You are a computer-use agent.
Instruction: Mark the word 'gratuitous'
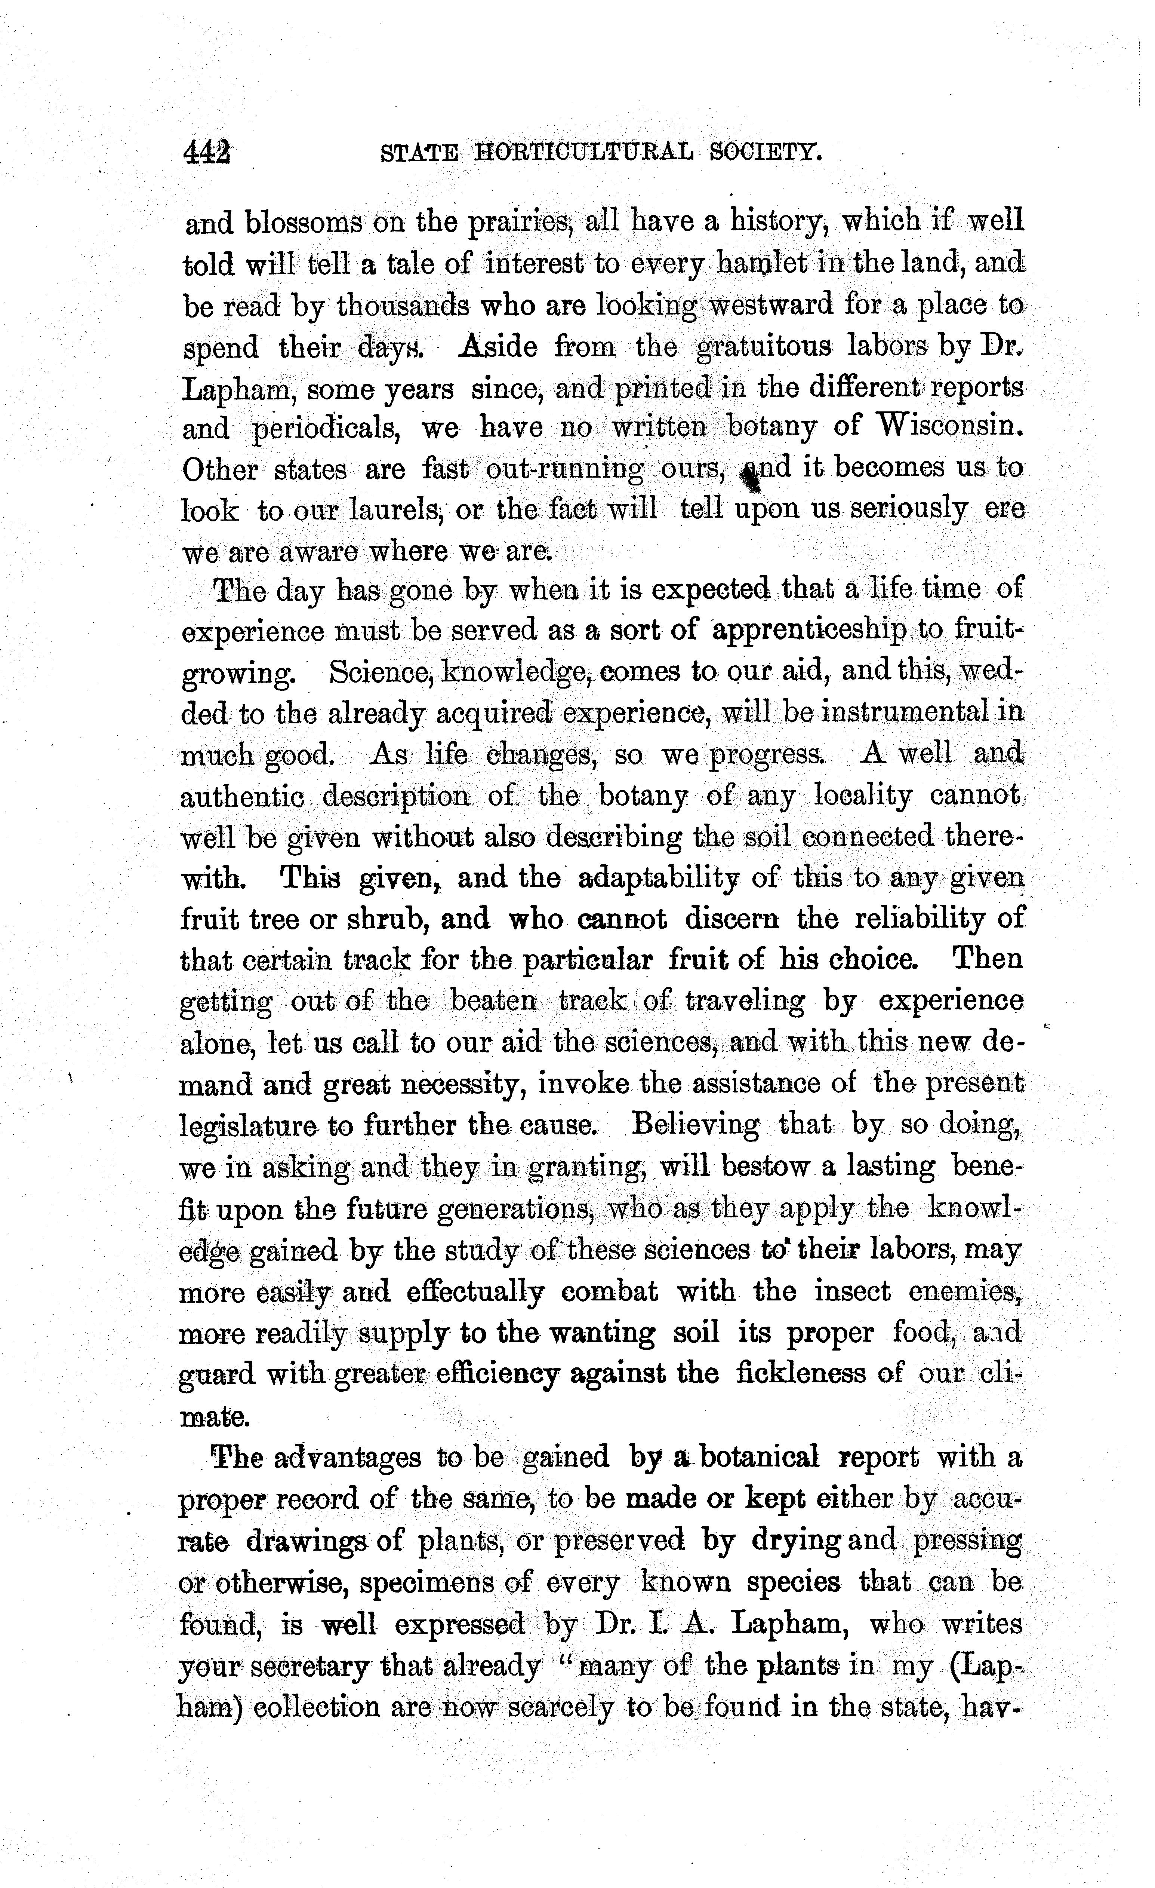[764, 347]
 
